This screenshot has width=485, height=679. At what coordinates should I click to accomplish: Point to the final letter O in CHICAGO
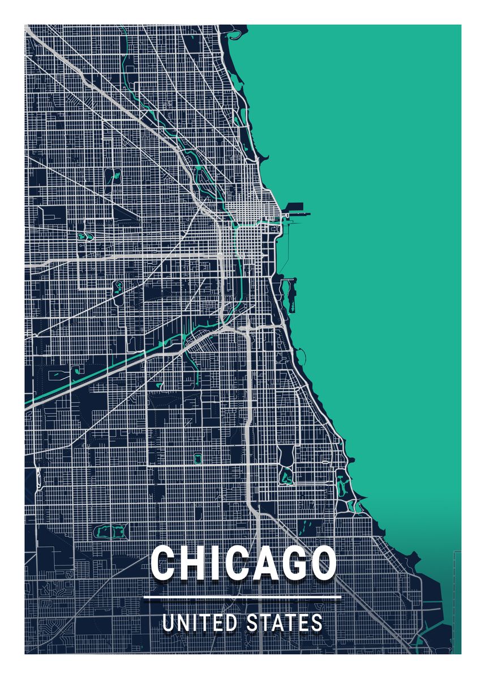(321, 564)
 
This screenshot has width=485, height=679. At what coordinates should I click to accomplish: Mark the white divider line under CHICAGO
(242, 597)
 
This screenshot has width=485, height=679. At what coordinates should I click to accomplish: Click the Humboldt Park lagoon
(116, 176)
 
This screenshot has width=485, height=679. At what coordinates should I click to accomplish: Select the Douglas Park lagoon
(118, 287)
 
